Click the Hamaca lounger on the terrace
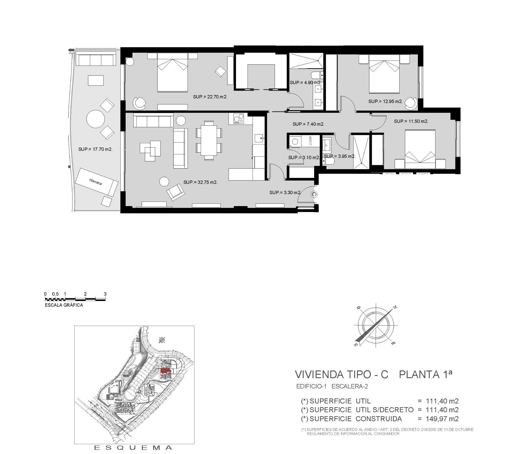pos(96,182)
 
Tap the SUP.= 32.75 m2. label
pos(200,182)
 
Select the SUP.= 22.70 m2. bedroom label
pos(210,97)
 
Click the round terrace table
pos(95,119)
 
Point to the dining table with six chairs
pos(209,140)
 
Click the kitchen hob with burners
pos(237,119)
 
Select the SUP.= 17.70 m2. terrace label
pos(95,149)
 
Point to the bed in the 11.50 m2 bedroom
pos(420,149)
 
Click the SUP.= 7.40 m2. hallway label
pos(308,124)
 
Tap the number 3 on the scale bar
pos(105,294)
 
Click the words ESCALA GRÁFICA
pos(64,305)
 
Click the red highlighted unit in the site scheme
pos(165,370)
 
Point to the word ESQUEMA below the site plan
pos(133,448)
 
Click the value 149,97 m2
pos(442,419)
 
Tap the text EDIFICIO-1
pos(311,386)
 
